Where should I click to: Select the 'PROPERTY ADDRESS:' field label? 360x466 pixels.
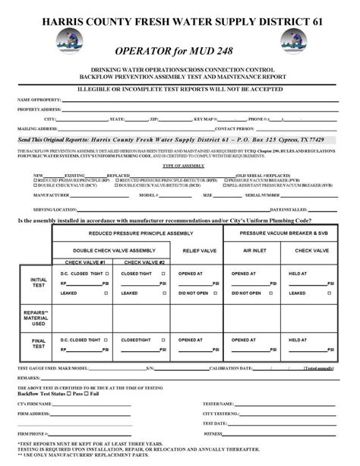(x=39, y=109)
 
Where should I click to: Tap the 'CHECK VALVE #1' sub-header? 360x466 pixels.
(x=86, y=262)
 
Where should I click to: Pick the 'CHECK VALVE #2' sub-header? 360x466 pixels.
(x=147, y=262)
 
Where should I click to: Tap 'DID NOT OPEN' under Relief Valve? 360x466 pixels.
(x=194, y=292)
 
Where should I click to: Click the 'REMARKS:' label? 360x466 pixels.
(x=29, y=376)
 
